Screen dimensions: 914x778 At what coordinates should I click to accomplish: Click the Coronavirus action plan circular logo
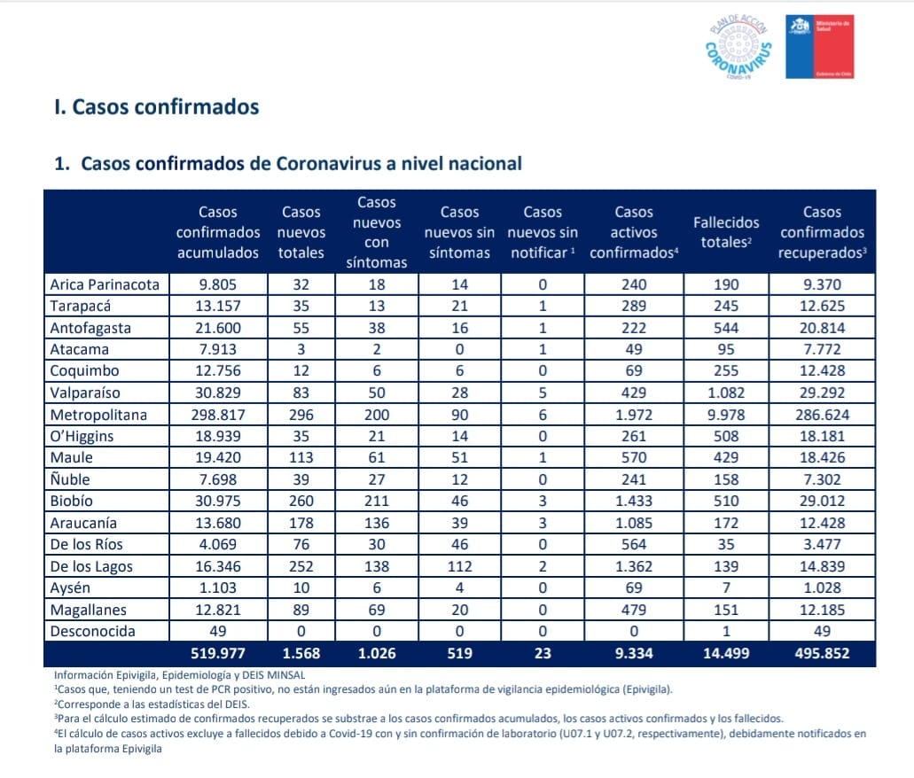[738, 47]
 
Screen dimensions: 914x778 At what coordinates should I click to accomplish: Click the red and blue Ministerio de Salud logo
[819, 47]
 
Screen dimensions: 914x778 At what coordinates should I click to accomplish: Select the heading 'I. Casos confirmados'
[156, 107]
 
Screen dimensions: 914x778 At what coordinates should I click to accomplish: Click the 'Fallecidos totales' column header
[726, 232]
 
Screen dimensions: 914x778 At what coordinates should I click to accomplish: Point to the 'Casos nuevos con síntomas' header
[377, 232]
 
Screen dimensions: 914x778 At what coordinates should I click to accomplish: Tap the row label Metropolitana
[98, 415]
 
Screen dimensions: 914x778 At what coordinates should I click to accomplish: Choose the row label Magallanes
[88, 610]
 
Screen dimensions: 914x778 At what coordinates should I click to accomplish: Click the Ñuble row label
[70, 479]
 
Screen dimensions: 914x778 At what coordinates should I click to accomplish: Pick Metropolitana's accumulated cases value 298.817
[218, 415]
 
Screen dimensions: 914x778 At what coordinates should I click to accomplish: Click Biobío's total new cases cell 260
[301, 502]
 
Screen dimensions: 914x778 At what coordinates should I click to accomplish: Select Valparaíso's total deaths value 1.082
[726, 393]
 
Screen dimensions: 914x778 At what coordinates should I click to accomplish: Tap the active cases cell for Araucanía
[634, 523]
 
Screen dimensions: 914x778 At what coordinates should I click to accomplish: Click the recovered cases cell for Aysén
[822, 587]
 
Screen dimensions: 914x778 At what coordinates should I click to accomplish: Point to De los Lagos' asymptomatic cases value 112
[459, 566]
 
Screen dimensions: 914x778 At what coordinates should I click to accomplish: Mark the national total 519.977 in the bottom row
[218, 653]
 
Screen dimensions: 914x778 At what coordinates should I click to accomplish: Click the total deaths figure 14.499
[726, 653]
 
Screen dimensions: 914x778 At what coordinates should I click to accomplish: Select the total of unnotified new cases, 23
[542, 653]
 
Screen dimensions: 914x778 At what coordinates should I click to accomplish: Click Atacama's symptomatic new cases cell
[377, 350]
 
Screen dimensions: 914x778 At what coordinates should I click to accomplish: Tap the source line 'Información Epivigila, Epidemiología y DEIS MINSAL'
[180, 675]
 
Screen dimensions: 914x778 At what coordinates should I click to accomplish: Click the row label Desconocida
[92, 631]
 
